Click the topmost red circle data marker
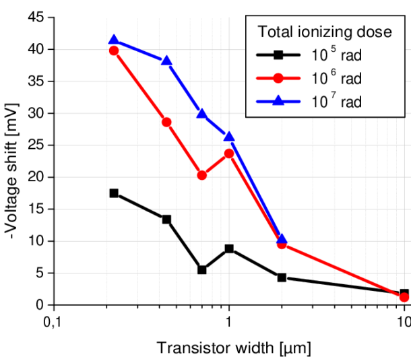(114, 50)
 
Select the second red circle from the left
(167, 122)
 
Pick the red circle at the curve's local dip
(202, 176)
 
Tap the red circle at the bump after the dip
(229, 154)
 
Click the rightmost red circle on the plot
(404, 297)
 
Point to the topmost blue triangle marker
(114, 40)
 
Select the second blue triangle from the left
(167, 62)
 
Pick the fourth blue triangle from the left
(230, 137)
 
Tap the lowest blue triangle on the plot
(282, 238)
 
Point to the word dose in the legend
(376, 32)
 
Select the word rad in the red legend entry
(351, 79)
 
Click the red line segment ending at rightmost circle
(344, 271)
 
